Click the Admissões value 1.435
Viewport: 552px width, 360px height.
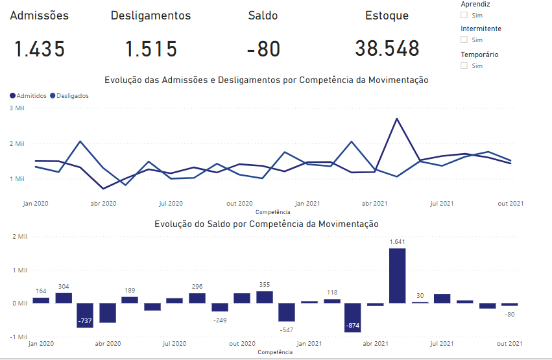pyautogui.click(x=40, y=49)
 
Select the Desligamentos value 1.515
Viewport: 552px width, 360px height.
pyautogui.click(x=150, y=49)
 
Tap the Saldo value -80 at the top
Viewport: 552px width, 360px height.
pyautogui.click(x=263, y=49)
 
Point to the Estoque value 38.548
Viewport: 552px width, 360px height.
pyautogui.click(x=387, y=49)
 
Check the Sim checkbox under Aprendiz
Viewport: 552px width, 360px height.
pyautogui.click(x=464, y=15)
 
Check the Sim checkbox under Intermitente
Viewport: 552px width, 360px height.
pyautogui.click(x=464, y=40)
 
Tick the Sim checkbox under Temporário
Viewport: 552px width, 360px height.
pyautogui.click(x=464, y=66)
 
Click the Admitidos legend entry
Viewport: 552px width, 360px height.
pyautogui.click(x=28, y=95)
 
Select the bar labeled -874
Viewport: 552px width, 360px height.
pyautogui.click(x=352, y=317)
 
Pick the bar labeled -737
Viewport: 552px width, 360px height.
pyautogui.click(x=85, y=315)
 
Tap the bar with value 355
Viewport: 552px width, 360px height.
pyautogui.click(x=264, y=297)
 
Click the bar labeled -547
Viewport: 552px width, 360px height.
pyautogui.click(x=286, y=312)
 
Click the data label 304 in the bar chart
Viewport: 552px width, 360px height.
pyautogui.click(x=64, y=286)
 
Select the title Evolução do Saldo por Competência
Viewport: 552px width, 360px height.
pyautogui.click(x=266, y=224)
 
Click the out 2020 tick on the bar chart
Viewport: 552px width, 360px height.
pyautogui.click(x=242, y=344)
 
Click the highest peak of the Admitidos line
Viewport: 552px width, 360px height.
pyautogui.click(x=396, y=119)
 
